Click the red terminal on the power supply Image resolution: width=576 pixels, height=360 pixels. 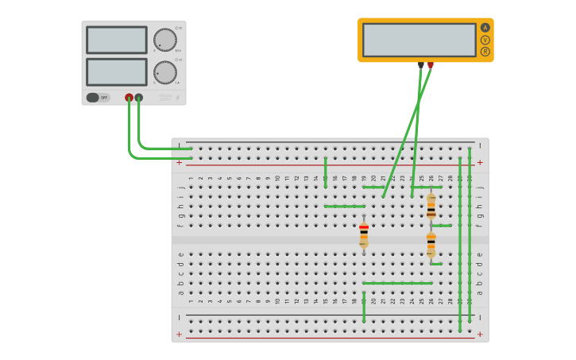129,98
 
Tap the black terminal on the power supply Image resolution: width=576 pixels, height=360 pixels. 139,98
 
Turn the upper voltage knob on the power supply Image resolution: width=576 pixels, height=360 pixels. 164,40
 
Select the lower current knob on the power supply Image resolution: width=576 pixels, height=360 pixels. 164,72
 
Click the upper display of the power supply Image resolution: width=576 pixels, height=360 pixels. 116,40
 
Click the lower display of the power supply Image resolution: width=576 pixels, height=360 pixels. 116,72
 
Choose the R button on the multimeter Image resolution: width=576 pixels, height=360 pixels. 485,52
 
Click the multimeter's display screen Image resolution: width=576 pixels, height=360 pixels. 419,40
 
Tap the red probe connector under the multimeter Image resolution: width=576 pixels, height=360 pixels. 431,65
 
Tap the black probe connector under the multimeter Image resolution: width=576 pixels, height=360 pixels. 421,65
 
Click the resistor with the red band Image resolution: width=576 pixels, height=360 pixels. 364,234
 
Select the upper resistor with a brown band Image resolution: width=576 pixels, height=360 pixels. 431,206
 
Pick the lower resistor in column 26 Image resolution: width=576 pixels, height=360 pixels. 431,245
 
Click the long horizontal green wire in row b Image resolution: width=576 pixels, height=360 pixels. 397,283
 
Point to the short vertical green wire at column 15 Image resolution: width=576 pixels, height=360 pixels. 325,172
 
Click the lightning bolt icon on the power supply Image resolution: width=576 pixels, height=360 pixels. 177,98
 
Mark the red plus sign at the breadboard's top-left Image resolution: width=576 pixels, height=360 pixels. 179,162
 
